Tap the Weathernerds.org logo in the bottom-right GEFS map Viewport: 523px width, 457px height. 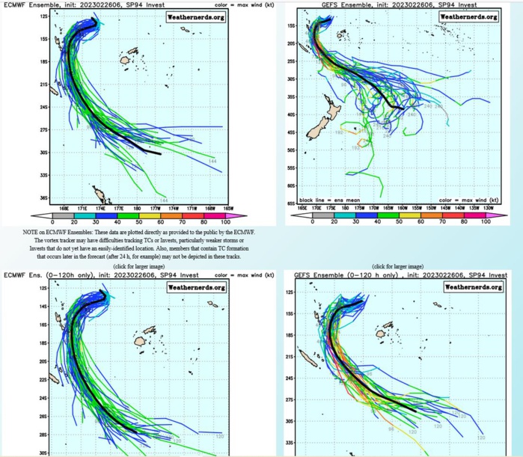point(468,286)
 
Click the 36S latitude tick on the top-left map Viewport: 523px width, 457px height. point(43,198)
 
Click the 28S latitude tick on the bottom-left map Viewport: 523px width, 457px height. point(43,434)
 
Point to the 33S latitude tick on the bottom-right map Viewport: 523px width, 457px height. point(289,443)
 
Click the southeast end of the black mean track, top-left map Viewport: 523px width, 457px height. point(159,154)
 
